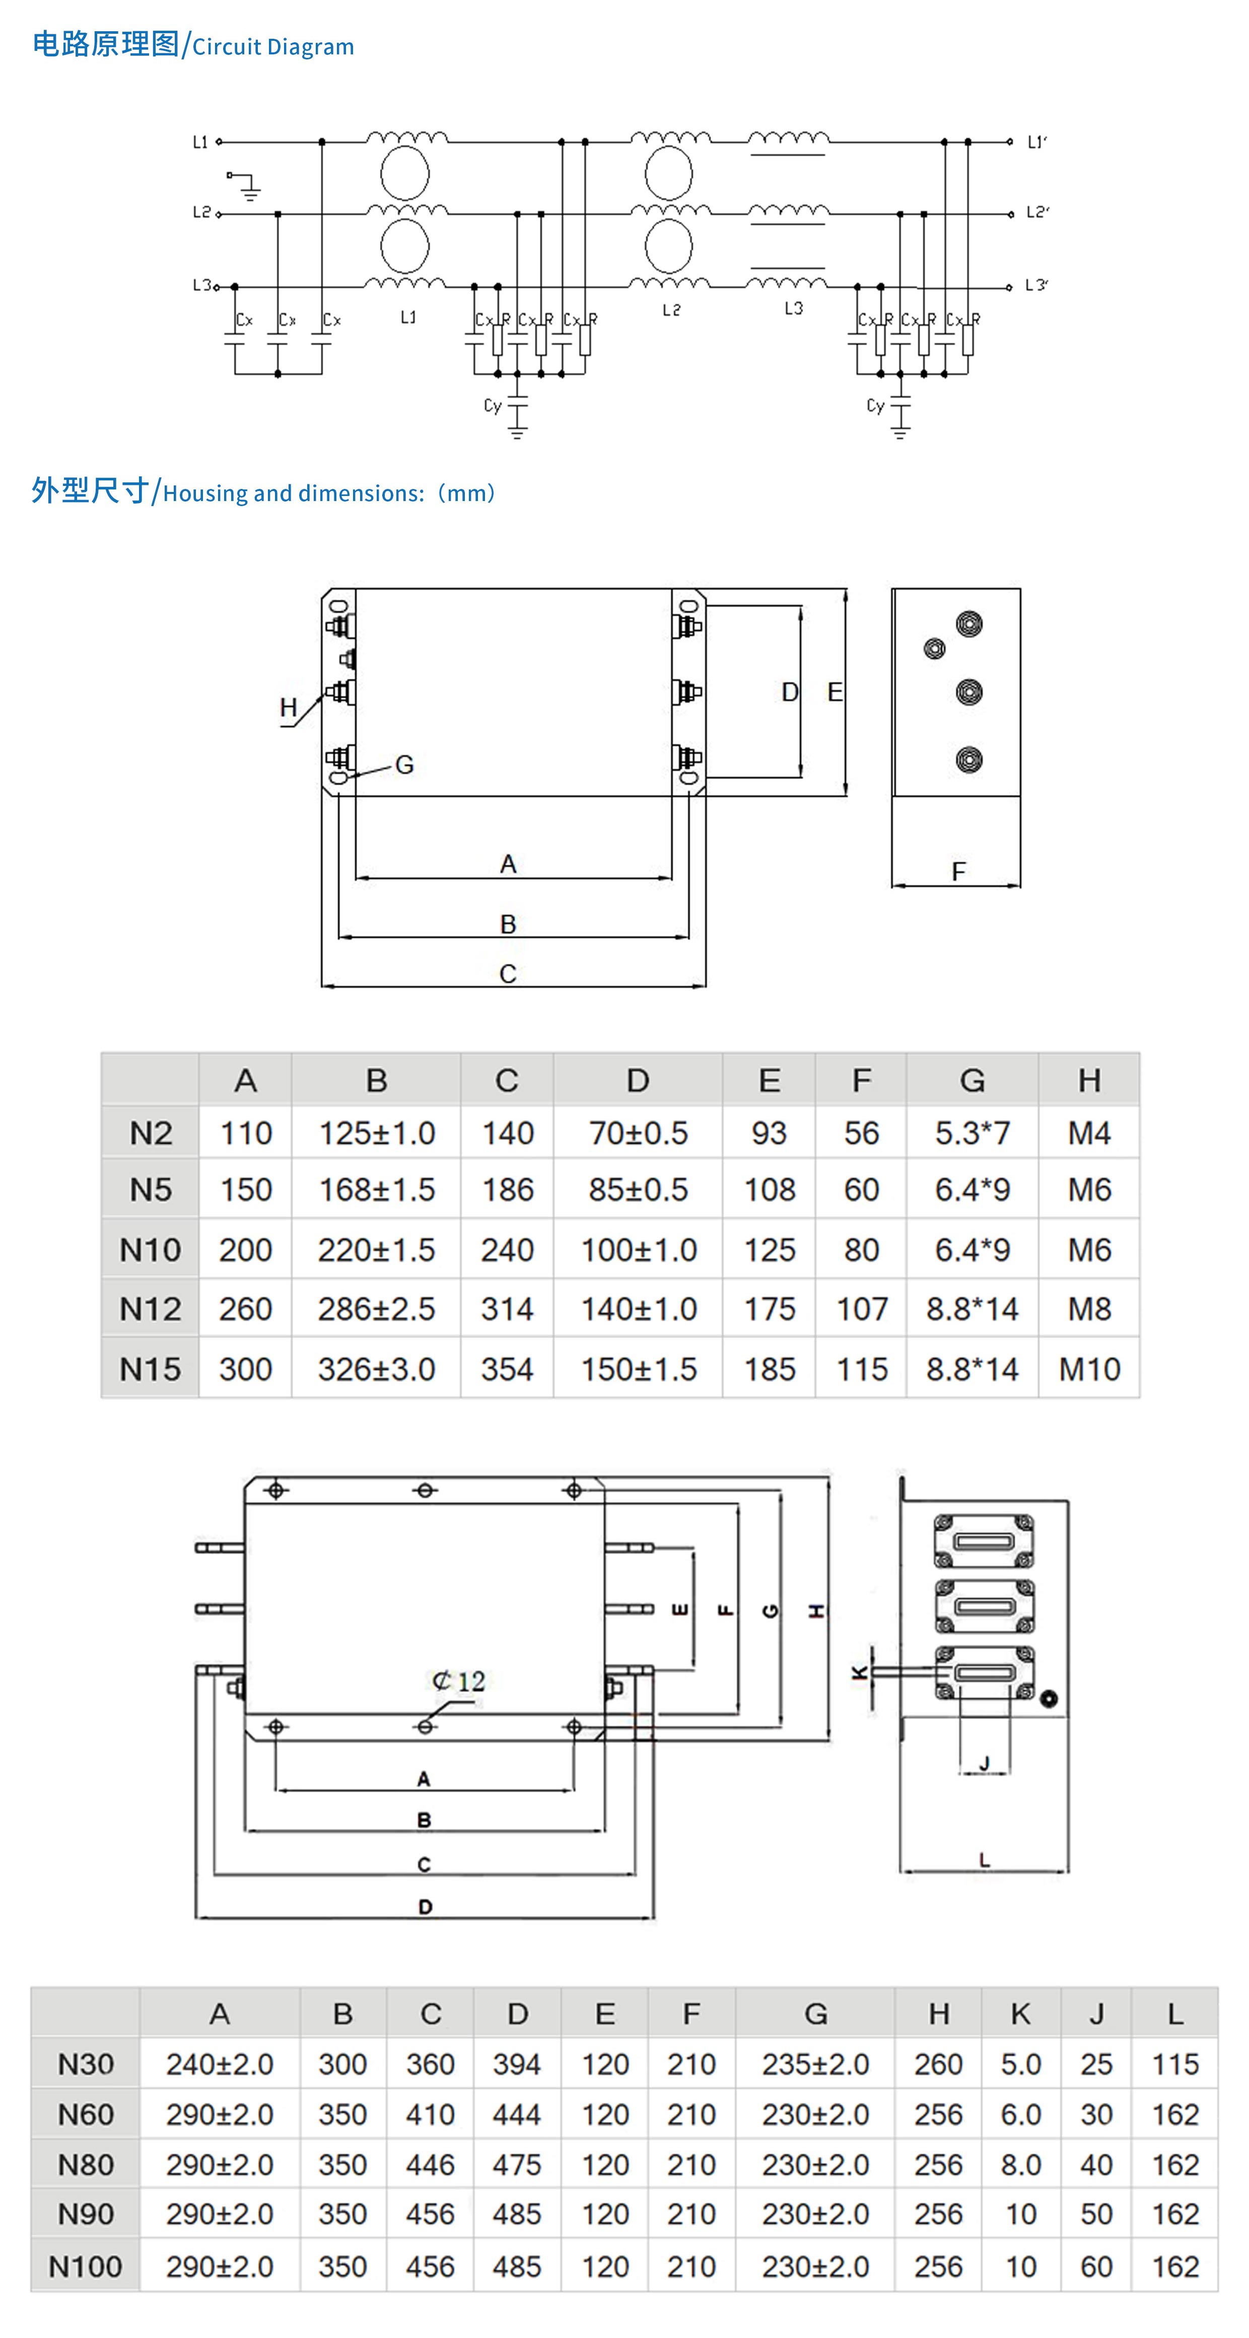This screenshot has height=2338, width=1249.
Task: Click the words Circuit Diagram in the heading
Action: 272,47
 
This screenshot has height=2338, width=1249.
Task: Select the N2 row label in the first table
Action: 151,1132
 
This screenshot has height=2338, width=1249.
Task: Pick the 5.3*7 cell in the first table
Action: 972,1132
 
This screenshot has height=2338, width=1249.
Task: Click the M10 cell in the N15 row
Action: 1089,1369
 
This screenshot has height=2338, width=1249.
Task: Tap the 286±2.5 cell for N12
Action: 376,1309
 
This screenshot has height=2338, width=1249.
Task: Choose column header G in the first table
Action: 972,1080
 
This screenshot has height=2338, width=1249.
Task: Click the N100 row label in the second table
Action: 85,2266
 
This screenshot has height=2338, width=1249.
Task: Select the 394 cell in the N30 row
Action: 517,2064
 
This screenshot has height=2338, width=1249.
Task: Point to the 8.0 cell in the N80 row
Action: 1020,2165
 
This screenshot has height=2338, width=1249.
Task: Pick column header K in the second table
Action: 1020,2014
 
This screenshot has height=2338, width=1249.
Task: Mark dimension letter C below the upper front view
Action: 508,974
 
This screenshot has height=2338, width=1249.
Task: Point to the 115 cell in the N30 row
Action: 1174,2064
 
